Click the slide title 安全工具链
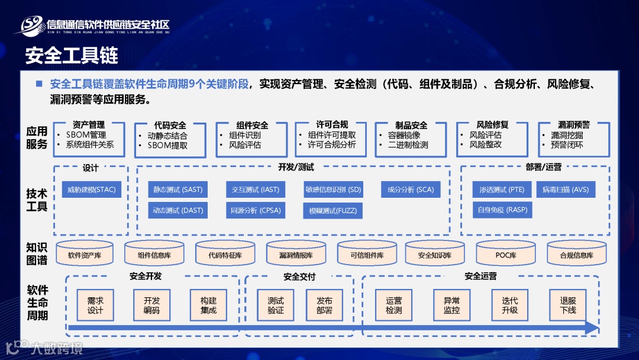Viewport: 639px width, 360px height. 72,56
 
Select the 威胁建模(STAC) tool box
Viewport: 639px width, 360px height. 91,189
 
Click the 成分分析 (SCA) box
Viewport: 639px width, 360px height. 410,189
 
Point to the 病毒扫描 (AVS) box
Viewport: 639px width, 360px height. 566,189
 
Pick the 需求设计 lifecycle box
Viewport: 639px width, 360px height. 95,305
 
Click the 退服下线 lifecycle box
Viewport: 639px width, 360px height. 568,305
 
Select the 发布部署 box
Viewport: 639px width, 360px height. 324,305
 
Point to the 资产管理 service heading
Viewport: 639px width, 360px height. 89,125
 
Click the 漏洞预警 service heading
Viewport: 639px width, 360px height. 573,125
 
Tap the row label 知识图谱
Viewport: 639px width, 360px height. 37,253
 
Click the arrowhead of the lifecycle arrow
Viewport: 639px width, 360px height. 592,328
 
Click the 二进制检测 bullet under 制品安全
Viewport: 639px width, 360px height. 408,144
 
